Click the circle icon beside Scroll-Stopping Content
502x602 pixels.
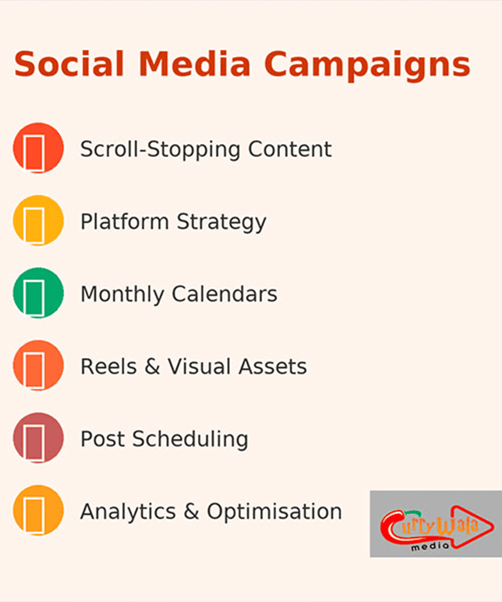38,148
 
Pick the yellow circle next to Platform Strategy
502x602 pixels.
38,220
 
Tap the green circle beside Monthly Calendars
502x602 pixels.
38,293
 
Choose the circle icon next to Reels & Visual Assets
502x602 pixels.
38,365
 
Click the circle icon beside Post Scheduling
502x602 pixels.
38,438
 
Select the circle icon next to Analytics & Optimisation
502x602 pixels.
38,510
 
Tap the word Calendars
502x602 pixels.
224,294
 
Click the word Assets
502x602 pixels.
273,367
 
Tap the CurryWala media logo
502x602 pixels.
436,524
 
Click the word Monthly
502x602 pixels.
122,294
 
